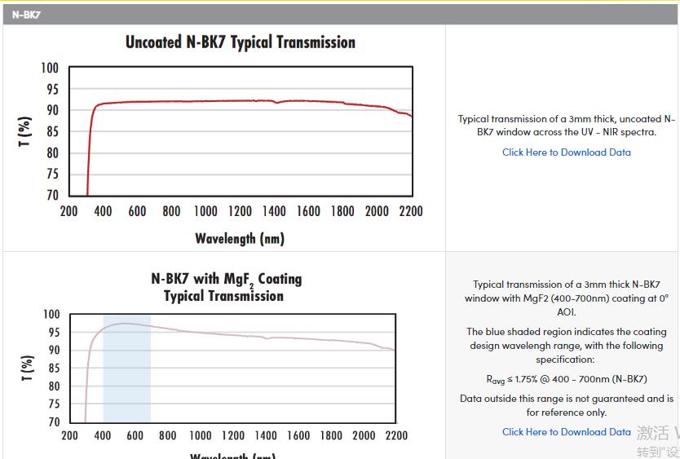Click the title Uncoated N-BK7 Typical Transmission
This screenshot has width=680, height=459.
(x=240, y=42)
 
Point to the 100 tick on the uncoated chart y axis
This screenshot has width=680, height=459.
(x=51, y=68)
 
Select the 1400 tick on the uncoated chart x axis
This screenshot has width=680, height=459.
(x=274, y=211)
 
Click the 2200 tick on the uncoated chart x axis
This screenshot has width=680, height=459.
(x=411, y=211)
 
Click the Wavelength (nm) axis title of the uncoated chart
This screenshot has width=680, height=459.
(x=240, y=238)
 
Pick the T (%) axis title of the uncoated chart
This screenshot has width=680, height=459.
(x=25, y=132)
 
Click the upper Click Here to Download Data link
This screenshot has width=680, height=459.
(x=566, y=152)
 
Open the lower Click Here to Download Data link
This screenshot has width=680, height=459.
(x=566, y=431)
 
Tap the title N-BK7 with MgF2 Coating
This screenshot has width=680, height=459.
(x=227, y=279)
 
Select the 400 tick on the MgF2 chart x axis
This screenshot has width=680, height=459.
(x=103, y=435)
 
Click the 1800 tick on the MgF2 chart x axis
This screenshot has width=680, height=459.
(x=331, y=435)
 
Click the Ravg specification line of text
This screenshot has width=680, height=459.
(x=566, y=379)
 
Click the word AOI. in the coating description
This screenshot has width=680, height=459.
(x=566, y=311)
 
